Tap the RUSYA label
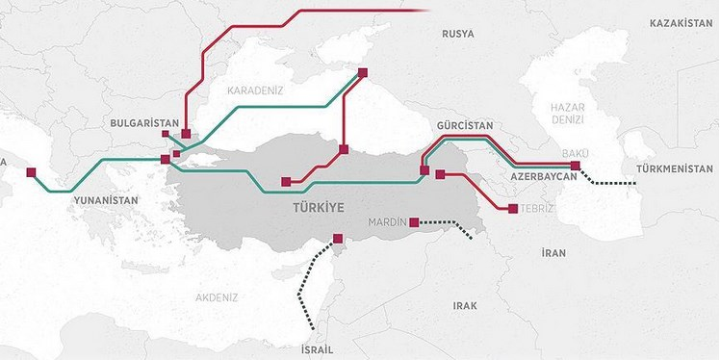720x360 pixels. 458,34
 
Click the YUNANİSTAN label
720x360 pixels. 102,200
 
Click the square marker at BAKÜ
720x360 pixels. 576,166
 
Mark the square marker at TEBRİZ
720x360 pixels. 513,209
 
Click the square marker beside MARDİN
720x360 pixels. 414,222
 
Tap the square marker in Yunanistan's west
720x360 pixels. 31,173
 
